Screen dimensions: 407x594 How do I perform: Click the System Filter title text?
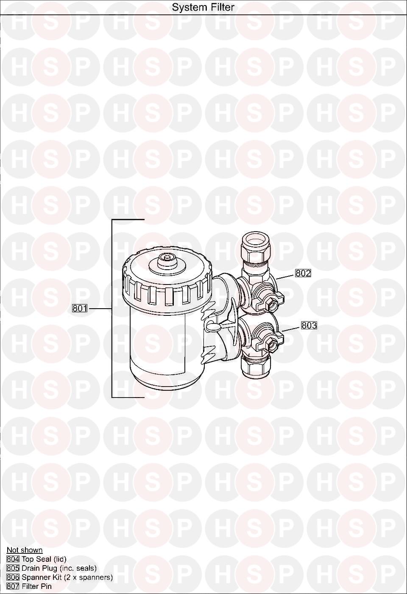(203, 7)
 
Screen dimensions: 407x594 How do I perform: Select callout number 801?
(80, 308)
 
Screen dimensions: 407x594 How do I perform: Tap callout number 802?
(303, 273)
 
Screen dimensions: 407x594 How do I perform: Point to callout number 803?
(309, 326)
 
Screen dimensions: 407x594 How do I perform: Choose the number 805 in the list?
(13, 569)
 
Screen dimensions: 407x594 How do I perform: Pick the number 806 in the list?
(13, 577)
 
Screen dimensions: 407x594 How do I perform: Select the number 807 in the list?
(13, 586)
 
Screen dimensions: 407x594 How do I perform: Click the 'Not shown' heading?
(25, 550)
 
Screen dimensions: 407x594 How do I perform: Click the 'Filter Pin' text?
(36, 586)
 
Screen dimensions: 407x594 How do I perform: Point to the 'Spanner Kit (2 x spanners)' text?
(67, 577)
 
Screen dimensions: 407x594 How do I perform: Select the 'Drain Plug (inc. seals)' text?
(59, 569)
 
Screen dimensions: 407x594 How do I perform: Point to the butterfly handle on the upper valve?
(268, 299)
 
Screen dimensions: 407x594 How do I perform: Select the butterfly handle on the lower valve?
(268, 340)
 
